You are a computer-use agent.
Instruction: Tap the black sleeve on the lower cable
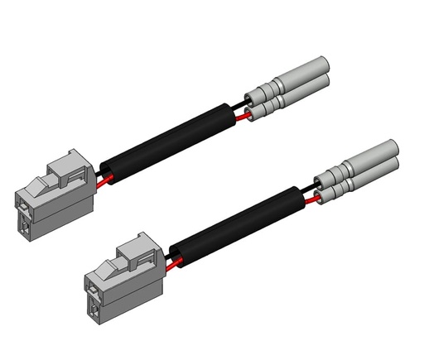pos(240,223)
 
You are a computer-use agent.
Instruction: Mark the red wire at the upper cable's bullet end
pos(242,117)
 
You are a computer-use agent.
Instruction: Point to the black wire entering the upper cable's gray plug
pos(100,171)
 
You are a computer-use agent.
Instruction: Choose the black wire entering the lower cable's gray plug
pos(171,255)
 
